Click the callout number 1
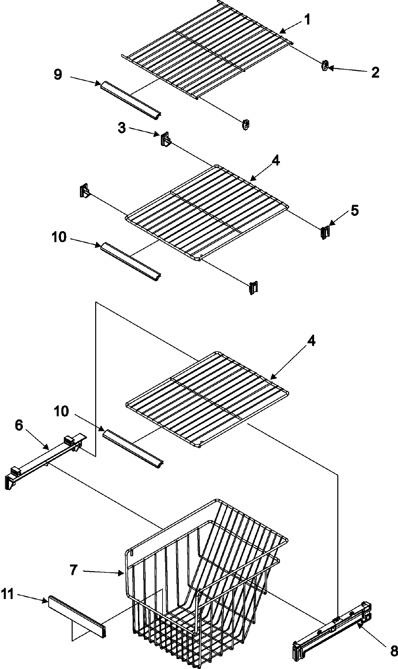click(307, 20)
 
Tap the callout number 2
click(375, 72)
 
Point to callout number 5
click(355, 211)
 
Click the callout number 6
click(19, 426)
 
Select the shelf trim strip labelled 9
click(130, 99)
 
